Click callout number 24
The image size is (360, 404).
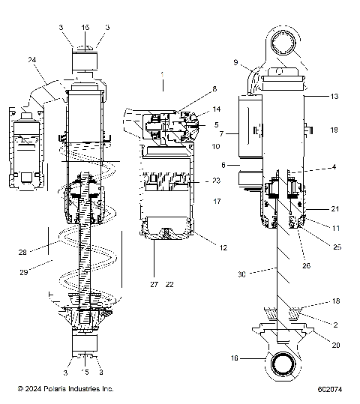[x=32, y=61]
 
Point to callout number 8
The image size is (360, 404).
[x=193, y=88]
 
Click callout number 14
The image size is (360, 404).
[x=196, y=109]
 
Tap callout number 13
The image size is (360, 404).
[x=334, y=97]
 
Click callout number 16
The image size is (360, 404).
[x=234, y=359]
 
